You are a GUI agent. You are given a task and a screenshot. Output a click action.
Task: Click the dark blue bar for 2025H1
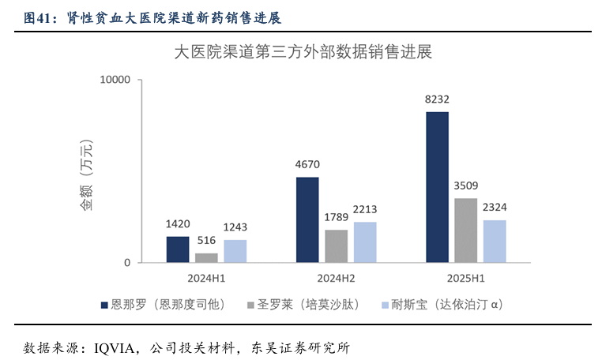(x=437, y=187)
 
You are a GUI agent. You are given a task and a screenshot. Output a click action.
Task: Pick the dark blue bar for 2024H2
(x=307, y=219)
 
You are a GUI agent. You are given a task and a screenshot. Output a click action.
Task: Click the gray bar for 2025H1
(x=466, y=230)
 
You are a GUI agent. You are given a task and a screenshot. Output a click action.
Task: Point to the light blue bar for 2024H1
(x=235, y=251)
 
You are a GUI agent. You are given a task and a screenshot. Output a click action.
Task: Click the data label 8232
(x=437, y=99)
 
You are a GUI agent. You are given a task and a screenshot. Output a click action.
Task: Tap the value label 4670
(x=307, y=164)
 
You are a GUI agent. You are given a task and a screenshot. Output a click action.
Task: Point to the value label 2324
(x=495, y=207)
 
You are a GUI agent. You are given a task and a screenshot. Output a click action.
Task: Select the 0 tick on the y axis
(x=126, y=263)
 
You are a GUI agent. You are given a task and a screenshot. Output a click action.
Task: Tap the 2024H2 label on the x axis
(x=336, y=279)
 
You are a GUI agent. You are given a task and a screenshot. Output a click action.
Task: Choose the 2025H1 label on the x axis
(x=466, y=279)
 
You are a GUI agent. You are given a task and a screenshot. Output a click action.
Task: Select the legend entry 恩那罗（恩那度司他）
(x=171, y=304)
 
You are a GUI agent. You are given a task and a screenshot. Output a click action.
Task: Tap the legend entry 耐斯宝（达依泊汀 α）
(x=446, y=304)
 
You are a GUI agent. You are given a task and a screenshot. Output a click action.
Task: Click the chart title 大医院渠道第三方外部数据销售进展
(x=302, y=54)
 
